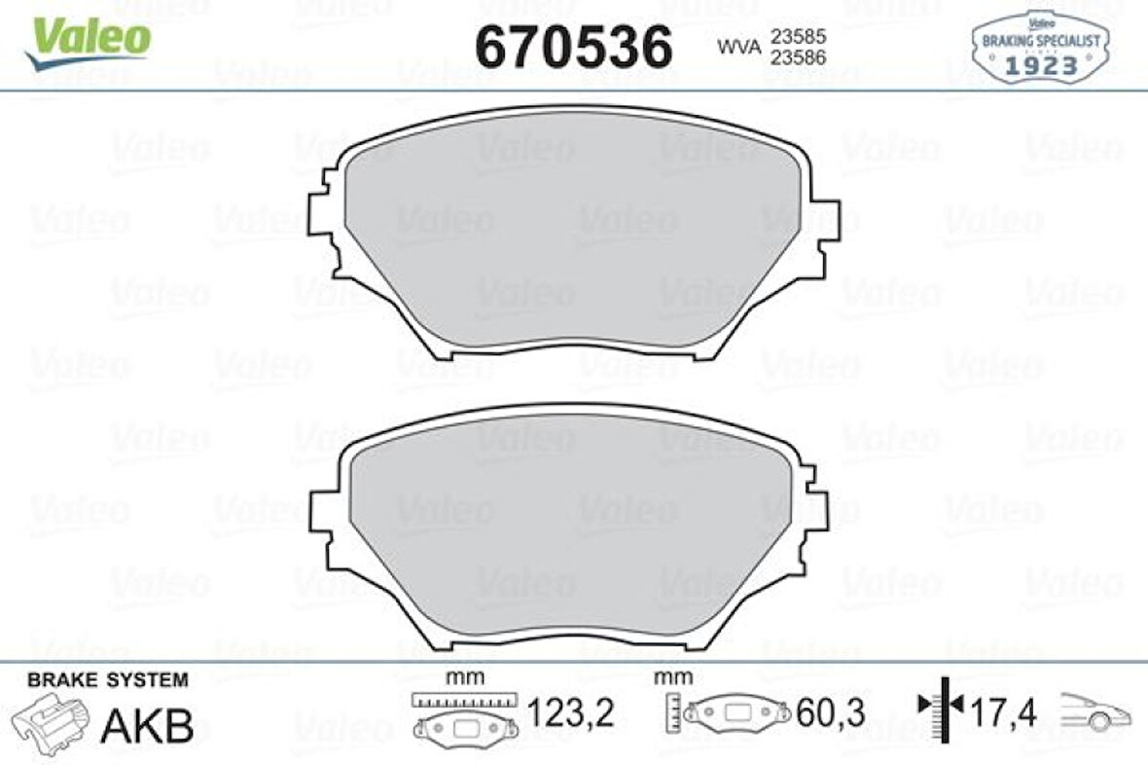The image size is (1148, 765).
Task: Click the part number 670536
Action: point(573,46)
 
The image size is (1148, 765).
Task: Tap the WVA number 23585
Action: point(798,36)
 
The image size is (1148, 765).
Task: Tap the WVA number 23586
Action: point(798,57)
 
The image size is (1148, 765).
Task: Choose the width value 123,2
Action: point(571,714)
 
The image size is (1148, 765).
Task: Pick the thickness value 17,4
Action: point(1003,714)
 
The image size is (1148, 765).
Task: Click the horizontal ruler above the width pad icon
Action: point(462,699)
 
